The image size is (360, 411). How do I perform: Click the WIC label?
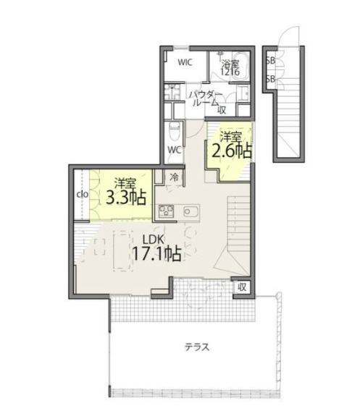pos(185,62)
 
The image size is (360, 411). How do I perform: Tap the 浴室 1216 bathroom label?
pos(230,67)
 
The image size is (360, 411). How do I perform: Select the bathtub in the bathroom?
pos(241,65)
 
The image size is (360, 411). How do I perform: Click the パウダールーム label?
pos(206,98)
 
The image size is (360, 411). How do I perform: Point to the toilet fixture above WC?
pos(174,132)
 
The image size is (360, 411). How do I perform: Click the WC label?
pos(175,151)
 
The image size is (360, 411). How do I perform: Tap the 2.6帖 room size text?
pos(232,151)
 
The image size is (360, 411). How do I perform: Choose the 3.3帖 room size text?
pos(126,198)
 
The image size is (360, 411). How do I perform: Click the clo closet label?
pos(83,194)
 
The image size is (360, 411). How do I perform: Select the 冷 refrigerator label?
pos(174,178)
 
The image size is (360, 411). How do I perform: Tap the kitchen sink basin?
pos(191,211)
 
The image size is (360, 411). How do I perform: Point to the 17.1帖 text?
pos(157,254)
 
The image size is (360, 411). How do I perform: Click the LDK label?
pos(154,239)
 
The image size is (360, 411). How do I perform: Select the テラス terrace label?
pos(197,347)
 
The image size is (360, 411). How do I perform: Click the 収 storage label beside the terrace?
pos(242,287)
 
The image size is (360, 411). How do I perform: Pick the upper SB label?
pos(270,61)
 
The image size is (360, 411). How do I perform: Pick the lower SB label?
pos(270,79)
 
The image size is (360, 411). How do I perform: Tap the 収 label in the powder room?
pos(222,110)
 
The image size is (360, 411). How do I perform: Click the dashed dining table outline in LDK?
pos(123,250)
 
